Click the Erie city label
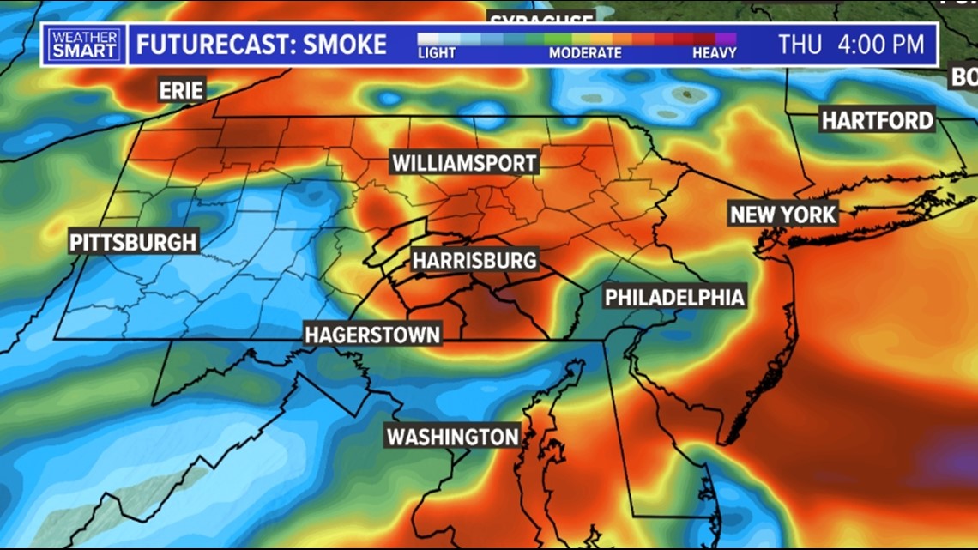tap(181, 89)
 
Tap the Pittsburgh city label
tap(134, 242)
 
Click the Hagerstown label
tap(373, 335)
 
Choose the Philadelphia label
tap(673, 298)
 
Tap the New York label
tap(782, 214)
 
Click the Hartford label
tap(877, 120)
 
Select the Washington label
tap(452, 436)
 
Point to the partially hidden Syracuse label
tap(541, 18)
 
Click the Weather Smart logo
tap(84, 44)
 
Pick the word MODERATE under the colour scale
tap(585, 53)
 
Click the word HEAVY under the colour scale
tap(714, 53)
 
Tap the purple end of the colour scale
tap(726, 38)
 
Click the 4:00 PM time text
tap(884, 44)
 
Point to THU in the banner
tap(800, 44)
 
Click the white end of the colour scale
tap(427, 38)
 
